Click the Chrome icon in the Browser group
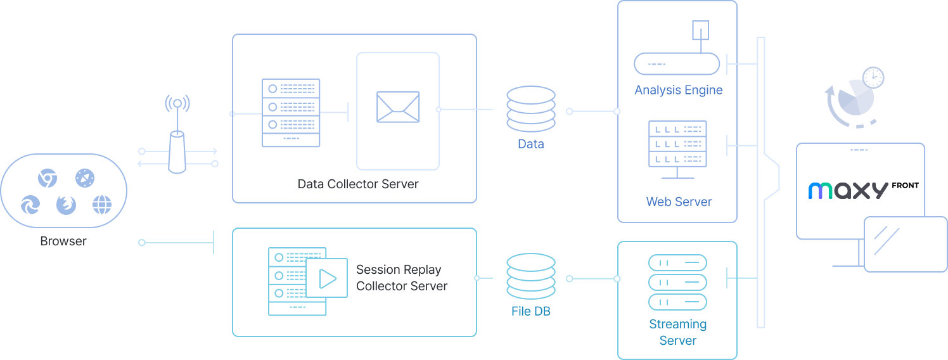(x=47, y=178)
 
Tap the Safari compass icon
(x=84, y=178)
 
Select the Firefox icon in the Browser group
(x=66, y=204)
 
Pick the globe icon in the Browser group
(x=102, y=205)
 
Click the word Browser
(x=63, y=241)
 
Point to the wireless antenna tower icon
(x=177, y=136)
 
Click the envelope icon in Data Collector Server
(x=398, y=107)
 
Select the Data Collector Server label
(x=358, y=184)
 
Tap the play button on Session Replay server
(x=327, y=278)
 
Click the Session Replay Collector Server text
(x=402, y=278)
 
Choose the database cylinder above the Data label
(x=531, y=109)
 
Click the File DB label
(x=530, y=312)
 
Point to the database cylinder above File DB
(x=531, y=276)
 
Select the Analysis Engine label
(x=678, y=90)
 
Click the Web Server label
(x=679, y=202)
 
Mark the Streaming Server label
(x=677, y=332)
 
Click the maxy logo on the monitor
(x=848, y=191)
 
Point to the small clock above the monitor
(x=873, y=78)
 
